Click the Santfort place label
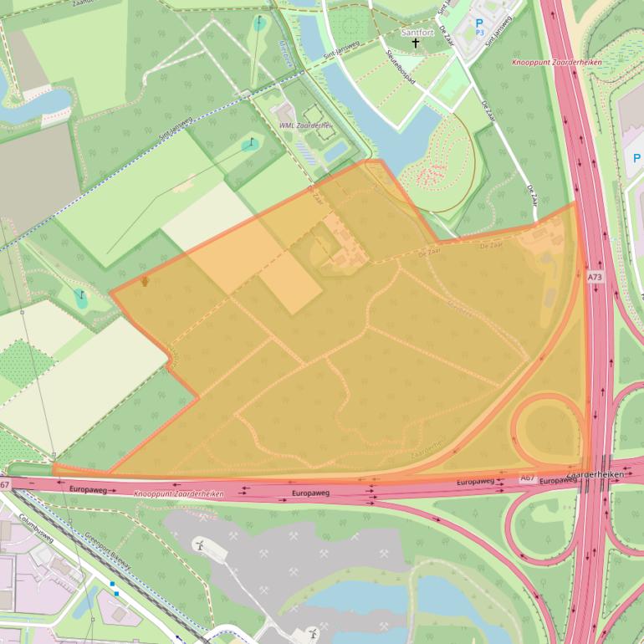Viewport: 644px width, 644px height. click(417, 33)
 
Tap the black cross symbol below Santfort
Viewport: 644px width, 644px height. click(416, 43)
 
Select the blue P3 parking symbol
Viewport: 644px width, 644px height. click(480, 27)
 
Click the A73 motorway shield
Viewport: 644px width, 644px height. click(595, 277)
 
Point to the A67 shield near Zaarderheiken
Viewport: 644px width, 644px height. click(527, 478)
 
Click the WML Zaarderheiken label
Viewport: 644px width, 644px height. click(305, 125)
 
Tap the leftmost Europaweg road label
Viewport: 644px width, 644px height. click(89, 488)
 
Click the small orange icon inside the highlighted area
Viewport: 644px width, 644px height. click(145, 282)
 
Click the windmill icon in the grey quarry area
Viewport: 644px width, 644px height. click(200, 545)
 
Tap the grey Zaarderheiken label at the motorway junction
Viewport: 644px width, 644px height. click(596, 474)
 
